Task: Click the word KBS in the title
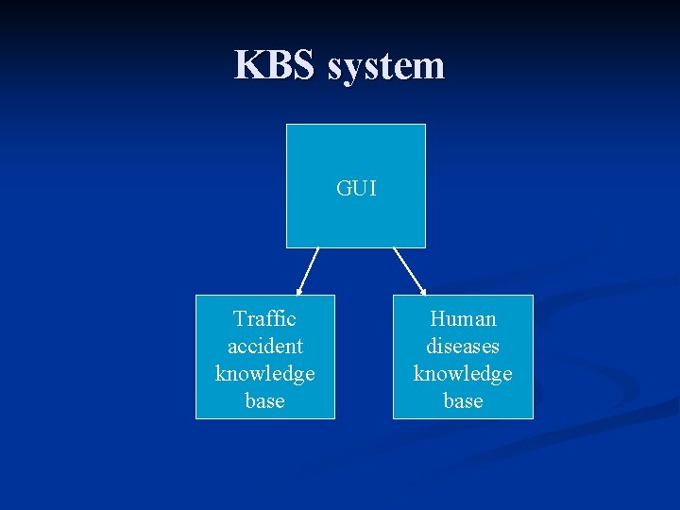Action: (276, 65)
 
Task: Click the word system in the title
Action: (385, 66)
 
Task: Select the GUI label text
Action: (356, 189)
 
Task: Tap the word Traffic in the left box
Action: (264, 319)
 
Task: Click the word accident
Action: (264, 347)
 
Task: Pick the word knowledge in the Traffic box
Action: (264, 374)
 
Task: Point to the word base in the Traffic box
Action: (264, 401)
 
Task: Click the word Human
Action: (463, 319)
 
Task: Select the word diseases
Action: (463, 347)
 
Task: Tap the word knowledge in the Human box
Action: (463, 374)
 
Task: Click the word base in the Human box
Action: (463, 401)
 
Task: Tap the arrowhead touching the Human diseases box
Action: (422, 291)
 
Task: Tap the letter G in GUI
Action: (343, 189)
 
